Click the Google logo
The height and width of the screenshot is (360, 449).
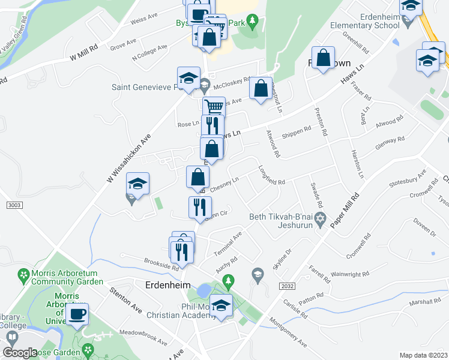pos(20,353)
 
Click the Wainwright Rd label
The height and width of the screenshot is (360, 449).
pos(349,274)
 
